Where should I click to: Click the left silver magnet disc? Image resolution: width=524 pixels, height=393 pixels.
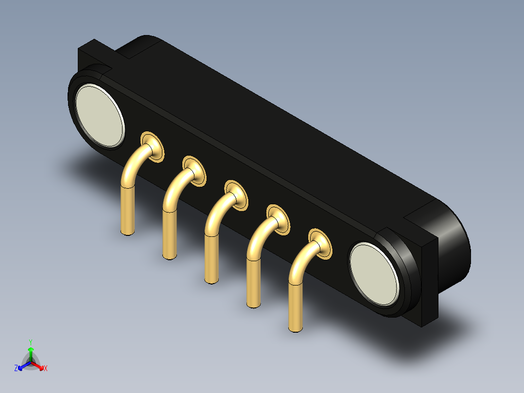pos(99,116)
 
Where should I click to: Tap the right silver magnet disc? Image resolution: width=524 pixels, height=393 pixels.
pos(374,275)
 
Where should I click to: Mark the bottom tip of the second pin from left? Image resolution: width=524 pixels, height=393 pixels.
pos(169,257)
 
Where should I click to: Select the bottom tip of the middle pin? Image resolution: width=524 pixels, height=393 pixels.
pos(211,281)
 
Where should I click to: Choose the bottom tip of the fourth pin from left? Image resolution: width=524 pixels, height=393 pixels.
pos(253,305)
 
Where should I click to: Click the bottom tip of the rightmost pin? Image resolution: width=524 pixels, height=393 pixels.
pos(295,329)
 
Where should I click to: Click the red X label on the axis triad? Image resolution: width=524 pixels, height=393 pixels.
pos(46,369)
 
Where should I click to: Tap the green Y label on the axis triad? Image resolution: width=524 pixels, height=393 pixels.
pos(31,341)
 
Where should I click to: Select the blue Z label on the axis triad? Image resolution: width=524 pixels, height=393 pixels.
pos(16,369)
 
